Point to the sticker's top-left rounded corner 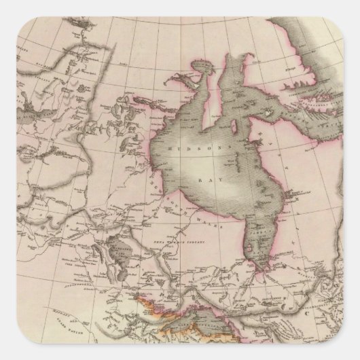coord(5,5)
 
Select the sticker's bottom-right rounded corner coord(354,354)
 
